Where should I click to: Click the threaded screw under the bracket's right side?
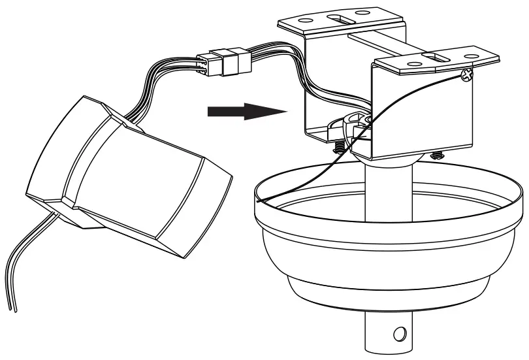[436, 155]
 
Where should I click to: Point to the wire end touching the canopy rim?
[259, 203]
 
